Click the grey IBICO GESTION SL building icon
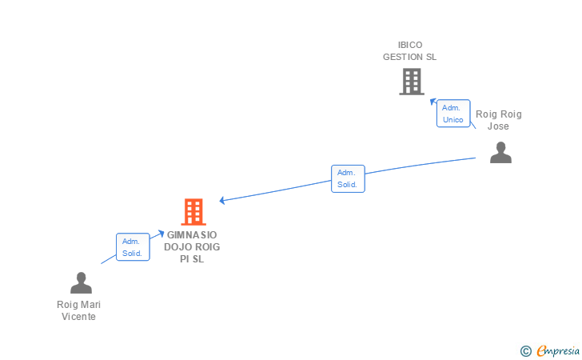pos(411,82)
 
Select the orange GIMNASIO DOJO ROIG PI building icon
pos(193,212)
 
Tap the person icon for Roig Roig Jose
pos(500,153)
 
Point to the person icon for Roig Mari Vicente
pos(81,283)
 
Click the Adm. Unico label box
pos(453,114)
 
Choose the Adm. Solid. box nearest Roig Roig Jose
pos(348,178)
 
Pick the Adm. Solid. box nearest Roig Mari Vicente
pos(133,247)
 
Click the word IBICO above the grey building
pos(410,45)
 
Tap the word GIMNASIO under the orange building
pos(192,235)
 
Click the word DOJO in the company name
pos(179,247)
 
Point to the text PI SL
pos(192,259)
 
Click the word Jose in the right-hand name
pos(498,126)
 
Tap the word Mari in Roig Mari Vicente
pos(90,305)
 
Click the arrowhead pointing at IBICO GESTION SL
pos(433,102)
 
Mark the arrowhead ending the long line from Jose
pos(222,200)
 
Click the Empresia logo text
pos(558,350)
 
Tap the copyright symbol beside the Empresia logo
pos(525,350)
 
